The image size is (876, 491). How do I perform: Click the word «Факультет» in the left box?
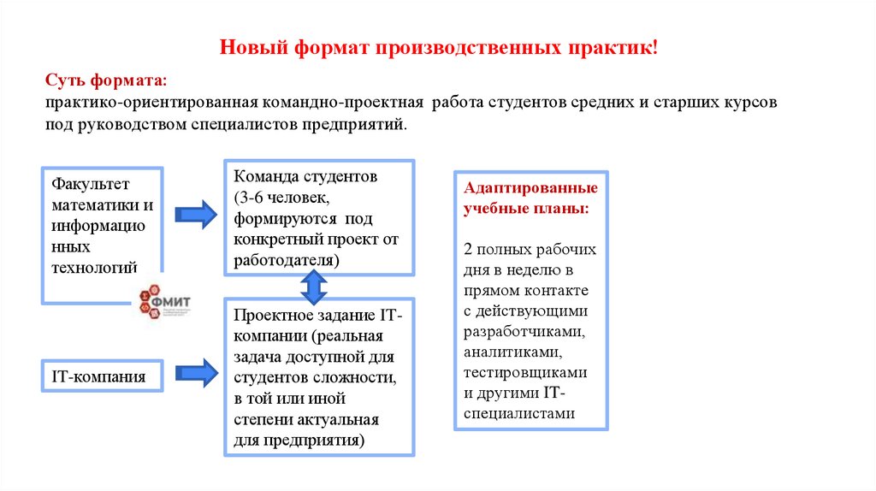tap(89, 185)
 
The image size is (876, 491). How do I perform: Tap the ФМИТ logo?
tap(163, 301)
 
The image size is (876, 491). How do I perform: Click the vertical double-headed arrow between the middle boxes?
tap(314, 287)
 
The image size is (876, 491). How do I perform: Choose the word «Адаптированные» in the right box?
tap(530, 188)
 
